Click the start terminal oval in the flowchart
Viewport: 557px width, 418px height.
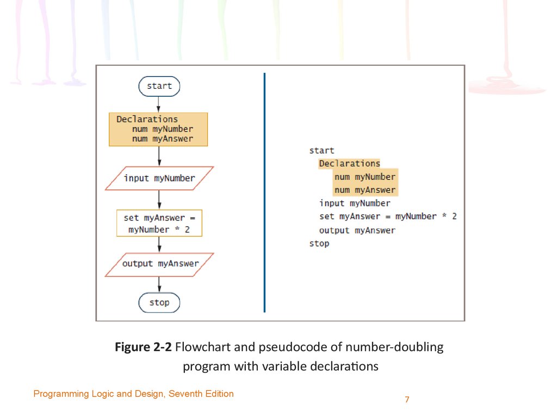click(x=159, y=86)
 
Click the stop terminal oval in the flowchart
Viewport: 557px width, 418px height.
click(x=159, y=303)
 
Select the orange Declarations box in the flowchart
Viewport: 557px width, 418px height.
click(x=158, y=130)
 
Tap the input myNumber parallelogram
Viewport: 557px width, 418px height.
click(x=159, y=178)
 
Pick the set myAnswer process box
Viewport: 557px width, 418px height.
click(x=159, y=223)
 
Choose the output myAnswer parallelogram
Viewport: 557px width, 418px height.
click(x=159, y=265)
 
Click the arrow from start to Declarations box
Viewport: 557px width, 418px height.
click(x=158, y=104)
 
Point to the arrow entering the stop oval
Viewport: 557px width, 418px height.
click(x=159, y=284)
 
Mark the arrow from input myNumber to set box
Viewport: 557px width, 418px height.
click(x=159, y=200)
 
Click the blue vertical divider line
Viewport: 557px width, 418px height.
click(x=265, y=193)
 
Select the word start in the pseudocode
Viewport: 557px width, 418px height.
click(x=322, y=151)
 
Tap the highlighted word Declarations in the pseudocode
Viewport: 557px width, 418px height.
click(x=350, y=163)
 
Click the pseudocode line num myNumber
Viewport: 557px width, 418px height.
click(x=365, y=177)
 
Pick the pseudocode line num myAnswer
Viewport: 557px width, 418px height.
click(x=365, y=190)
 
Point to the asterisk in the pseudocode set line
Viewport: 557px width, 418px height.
click(x=444, y=216)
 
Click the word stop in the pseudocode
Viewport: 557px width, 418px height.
click(x=319, y=244)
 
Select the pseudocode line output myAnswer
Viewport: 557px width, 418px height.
click(x=357, y=230)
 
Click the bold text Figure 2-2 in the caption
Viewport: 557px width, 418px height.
click(x=143, y=347)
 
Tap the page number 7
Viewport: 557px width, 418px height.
click(x=407, y=399)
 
